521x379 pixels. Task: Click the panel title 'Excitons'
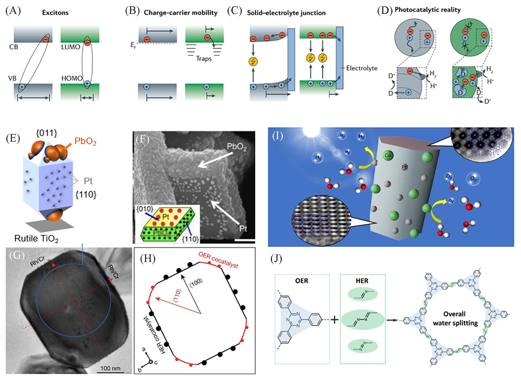(x=55, y=13)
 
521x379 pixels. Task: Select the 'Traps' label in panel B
(x=204, y=59)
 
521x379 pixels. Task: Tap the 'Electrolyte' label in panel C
(x=362, y=68)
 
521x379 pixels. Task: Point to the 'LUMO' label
(x=71, y=47)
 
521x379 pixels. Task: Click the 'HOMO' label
(x=72, y=78)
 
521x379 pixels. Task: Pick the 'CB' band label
(x=14, y=47)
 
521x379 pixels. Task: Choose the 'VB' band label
(x=12, y=78)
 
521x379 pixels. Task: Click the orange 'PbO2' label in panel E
(x=85, y=141)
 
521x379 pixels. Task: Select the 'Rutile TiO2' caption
(x=36, y=239)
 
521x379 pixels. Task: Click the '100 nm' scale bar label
(x=110, y=368)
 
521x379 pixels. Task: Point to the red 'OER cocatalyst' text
(x=218, y=260)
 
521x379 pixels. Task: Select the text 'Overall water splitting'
(x=455, y=318)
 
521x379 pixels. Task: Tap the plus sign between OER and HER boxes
(x=335, y=320)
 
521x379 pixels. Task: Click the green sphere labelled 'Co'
(x=388, y=156)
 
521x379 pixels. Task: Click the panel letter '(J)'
(x=276, y=259)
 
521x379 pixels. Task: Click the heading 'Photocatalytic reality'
(x=428, y=10)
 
